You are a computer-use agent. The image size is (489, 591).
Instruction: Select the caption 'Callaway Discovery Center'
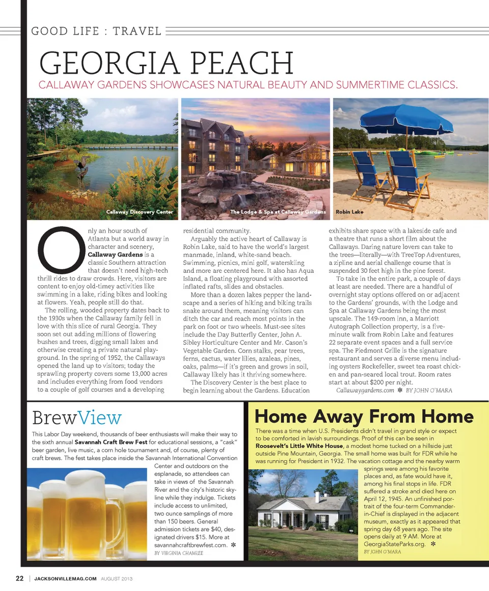pos(140,212)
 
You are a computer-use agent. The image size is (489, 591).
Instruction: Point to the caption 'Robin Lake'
pos(349,212)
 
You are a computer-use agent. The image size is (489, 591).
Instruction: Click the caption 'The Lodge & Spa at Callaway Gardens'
pos(278,212)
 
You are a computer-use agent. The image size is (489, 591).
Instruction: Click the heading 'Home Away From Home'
pos(364,416)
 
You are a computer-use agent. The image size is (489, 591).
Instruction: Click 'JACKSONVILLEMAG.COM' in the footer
pos(65,579)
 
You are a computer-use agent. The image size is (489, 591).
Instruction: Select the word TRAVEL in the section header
pos(137,31)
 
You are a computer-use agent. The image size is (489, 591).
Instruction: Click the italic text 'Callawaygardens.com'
pos(365,390)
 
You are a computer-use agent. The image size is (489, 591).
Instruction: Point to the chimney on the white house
pos(317,496)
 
